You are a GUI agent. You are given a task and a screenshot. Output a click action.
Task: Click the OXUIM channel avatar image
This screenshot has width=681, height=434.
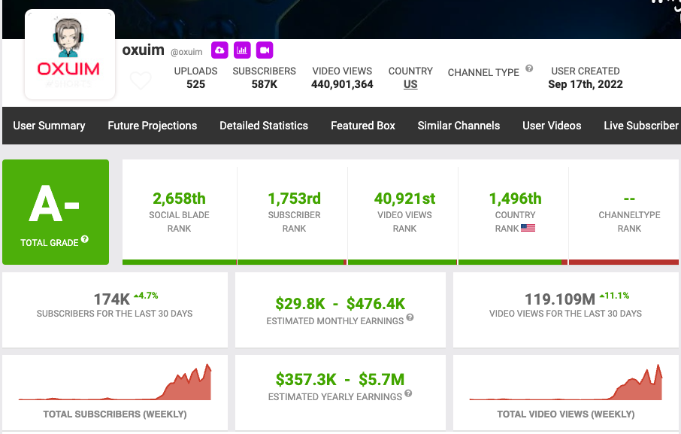pyautogui.click(x=70, y=54)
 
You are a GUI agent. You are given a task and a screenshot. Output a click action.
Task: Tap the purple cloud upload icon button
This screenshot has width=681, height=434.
pyautogui.click(x=219, y=50)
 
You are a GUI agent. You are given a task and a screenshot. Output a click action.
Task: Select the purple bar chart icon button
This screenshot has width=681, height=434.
pyautogui.click(x=242, y=50)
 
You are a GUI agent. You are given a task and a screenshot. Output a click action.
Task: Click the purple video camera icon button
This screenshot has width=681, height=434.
pyautogui.click(x=265, y=50)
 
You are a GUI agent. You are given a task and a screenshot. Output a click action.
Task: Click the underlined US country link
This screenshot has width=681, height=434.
pyautogui.click(x=410, y=84)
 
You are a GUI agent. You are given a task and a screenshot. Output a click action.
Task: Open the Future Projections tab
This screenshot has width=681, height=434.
pyautogui.click(x=153, y=126)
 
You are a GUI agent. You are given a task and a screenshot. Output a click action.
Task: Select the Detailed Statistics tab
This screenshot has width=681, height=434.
pyautogui.click(x=264, y=126)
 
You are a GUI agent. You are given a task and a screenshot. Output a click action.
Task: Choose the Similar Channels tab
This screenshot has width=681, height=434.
pyautogui.click(x=459, y=126)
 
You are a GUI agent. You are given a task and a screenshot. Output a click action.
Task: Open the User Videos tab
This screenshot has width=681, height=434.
pyautogui.click(x=552, y=126)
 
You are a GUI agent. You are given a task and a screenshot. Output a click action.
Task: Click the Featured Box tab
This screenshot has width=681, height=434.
pyautogui.click(x=363, y=126)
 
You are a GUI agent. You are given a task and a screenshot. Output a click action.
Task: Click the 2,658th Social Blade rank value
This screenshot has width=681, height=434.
pyautogui.click(x=179, y=199)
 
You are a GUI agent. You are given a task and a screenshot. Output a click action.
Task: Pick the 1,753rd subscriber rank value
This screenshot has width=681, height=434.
pyautogui.click(x=294, y=199)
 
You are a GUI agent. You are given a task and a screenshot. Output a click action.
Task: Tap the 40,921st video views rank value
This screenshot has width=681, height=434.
pyautogui.click(x=405, y=199)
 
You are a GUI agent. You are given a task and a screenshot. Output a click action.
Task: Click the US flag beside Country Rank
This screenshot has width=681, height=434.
pyautogui.click(x=528, y=228)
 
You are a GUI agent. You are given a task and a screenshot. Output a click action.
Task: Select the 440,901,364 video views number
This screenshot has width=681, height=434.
pyautogui.click(x=342, y=84)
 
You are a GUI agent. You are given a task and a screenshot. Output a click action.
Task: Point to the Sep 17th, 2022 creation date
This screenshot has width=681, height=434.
pyautogui.click(x=586, y=84)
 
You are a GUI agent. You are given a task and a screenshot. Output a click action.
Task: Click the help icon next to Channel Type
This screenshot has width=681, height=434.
pyautogui.click(x=529, y=68)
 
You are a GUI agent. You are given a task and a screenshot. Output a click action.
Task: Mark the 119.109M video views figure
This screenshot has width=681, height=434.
pyautogui.click(x=560, y=299)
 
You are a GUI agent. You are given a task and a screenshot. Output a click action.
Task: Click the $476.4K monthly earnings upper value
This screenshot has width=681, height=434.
pyautogui.click(x=376, y=304)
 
